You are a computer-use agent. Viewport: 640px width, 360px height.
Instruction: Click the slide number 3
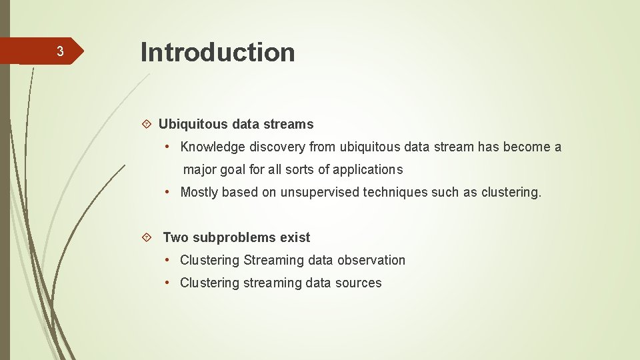[60, 52]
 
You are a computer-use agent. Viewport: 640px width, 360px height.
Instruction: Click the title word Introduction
[217, 52]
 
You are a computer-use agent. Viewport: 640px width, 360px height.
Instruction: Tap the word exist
[295, 237]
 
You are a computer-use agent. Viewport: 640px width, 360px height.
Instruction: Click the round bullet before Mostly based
[170, 192]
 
